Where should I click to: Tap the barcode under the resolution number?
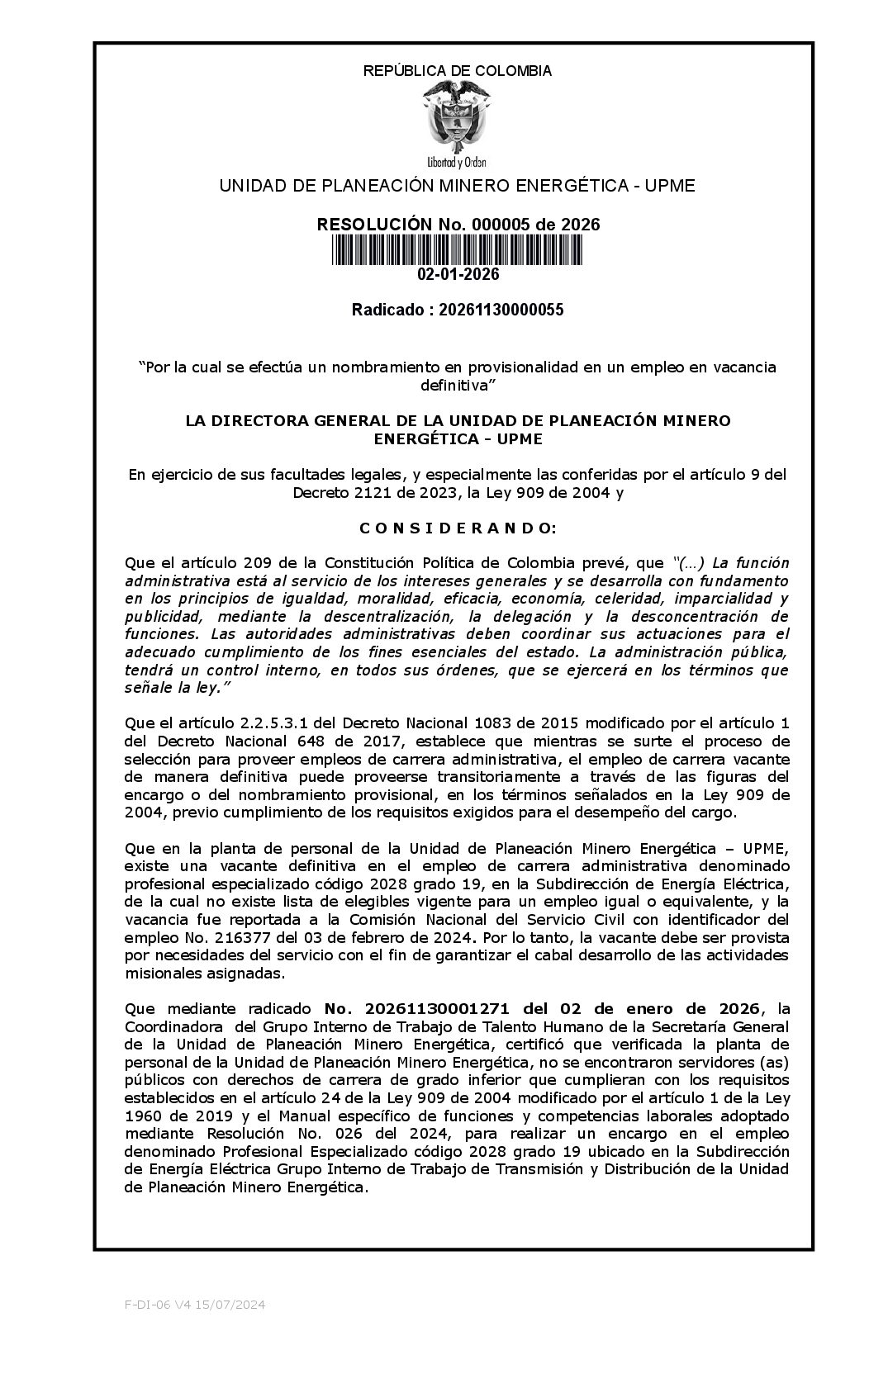pos(457,249)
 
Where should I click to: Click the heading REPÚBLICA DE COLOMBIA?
pos(457,71)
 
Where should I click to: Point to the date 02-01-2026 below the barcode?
pos(458,274)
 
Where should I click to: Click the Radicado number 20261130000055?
pos(501,310)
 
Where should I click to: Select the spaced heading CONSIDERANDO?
pos(457,528)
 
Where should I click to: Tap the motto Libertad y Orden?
pos(457,161)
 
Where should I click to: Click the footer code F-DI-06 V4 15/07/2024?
pos(195,1305)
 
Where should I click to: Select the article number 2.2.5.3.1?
pos(284,723)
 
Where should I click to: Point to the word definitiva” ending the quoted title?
pos(457,385)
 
